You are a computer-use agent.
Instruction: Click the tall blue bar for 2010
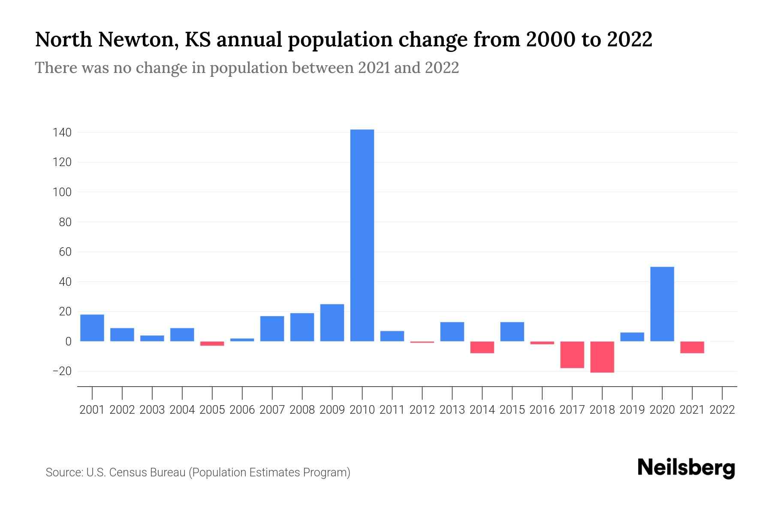[362, 235]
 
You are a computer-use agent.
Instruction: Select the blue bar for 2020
[662, 304]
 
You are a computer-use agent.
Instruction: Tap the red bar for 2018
[602, 357]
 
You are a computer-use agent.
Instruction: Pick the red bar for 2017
[572, 354]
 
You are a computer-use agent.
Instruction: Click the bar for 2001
[92, 328]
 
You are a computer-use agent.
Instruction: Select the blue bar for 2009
[332, 323]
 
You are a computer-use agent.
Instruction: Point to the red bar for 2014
[482, 347]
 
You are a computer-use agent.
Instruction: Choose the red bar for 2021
[692, 347]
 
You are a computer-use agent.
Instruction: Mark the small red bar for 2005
[212, 343]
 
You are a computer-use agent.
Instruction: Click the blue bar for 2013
[452, 331]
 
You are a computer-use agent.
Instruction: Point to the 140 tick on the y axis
[62, 133]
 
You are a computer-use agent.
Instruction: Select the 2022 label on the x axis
[722, 410]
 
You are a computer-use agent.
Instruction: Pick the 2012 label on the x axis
[422, 410]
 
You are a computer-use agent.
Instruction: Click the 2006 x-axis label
[242, 410]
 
